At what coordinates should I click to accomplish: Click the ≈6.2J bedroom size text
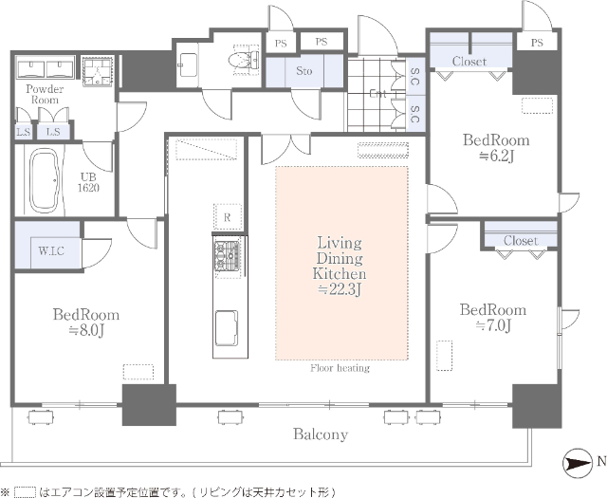click(495, 156)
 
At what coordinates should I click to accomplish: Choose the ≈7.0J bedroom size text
click(492, 326)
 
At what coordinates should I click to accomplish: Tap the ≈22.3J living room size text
click(340, 289)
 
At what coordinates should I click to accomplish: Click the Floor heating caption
click(340, 368)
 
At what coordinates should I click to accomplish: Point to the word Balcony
click(319, 434)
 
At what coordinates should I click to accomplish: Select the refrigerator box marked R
click(227, 217)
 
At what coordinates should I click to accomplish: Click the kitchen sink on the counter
click(226, 328)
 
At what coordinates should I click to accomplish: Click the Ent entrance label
click(377, 94)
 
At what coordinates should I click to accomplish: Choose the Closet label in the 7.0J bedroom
click(520, 241)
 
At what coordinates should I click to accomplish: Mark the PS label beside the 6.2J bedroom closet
click(537, 42)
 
